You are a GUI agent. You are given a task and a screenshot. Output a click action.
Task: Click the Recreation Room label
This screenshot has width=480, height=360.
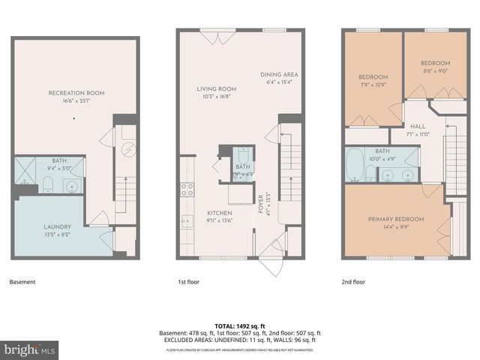76,93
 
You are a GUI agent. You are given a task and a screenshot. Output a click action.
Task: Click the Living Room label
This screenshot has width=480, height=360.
212,88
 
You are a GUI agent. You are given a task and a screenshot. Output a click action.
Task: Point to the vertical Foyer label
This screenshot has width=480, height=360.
260,200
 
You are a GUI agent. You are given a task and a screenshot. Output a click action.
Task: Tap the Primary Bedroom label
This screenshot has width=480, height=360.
395,219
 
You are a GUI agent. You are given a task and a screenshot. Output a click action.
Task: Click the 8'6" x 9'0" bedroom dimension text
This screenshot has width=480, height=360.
435,72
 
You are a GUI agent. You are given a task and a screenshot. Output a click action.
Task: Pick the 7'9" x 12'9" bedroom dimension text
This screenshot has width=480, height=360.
373,85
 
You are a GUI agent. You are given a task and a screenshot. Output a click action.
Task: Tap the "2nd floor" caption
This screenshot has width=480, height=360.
353,282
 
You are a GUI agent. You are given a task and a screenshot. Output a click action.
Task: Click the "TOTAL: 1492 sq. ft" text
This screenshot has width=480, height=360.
240,325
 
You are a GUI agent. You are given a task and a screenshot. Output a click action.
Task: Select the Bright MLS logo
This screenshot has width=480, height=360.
30,349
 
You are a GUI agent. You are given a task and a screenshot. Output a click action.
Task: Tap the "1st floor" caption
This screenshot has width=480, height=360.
187,282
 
